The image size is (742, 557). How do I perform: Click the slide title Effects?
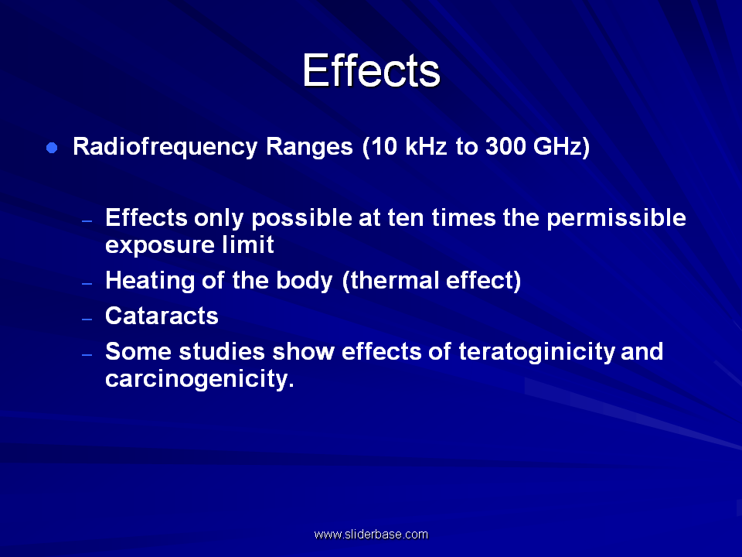[x=372, y=70]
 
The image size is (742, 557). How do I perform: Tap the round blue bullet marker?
[x=52, y=148]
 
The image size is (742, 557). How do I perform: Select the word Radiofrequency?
[x=165, y=147]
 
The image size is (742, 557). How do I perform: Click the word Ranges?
[x=309, y=147]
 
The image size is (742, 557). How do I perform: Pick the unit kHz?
[x=426, y=146]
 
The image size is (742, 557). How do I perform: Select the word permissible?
[x=616, y=218]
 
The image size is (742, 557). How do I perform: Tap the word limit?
[x=248, y=244]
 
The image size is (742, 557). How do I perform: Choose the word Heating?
[x=150, y=281]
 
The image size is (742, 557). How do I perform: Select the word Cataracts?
[x=162, y=316]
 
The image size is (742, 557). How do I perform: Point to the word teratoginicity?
[x=536, y=353]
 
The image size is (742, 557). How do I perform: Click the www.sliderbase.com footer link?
[x=371, y=535]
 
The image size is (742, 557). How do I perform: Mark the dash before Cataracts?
[x=87, y=320]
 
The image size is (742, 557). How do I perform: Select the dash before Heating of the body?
[x=87, y=284]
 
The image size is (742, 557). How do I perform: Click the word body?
[x=305, y=281]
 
